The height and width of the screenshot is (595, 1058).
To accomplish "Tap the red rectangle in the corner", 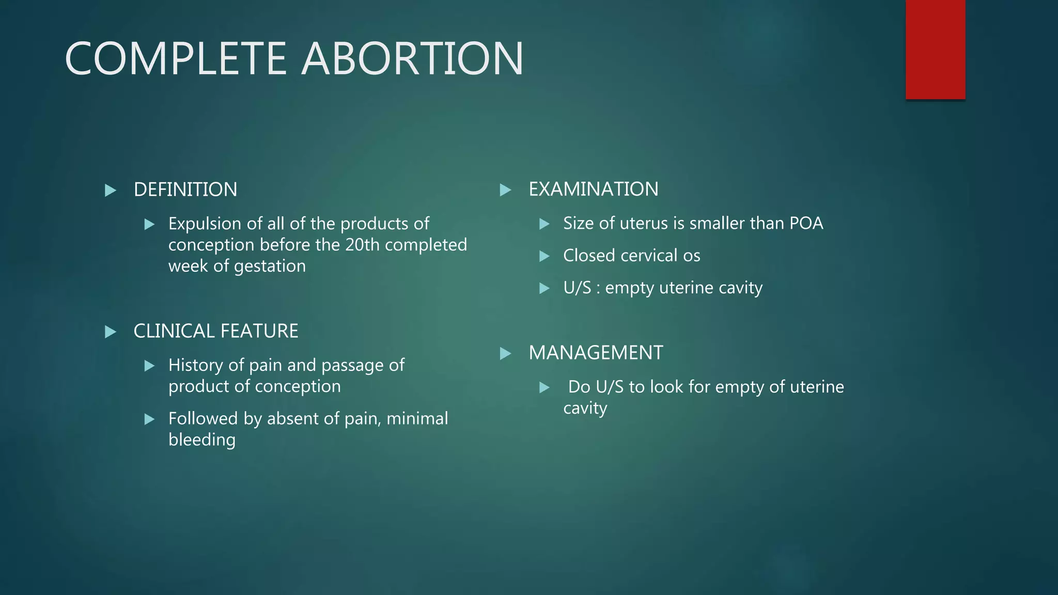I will coord(935,50).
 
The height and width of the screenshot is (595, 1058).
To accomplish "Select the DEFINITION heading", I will coord(185,190).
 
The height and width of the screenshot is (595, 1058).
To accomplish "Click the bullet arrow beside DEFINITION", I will coord(110,191).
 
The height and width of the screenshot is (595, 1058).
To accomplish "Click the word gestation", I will coord(270,266).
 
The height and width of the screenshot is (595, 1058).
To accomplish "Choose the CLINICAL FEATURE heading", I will coord(215,331).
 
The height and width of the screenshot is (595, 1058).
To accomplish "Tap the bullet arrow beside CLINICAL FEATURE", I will coord(110,332).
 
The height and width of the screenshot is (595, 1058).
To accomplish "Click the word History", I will coord(195,365).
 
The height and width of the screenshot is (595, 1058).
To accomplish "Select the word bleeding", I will coord(201,440).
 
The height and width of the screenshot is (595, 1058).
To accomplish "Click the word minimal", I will coord(417,418).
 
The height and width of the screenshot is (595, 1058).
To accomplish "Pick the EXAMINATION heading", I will coord(593,189).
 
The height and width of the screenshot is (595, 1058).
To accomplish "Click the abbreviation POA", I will coord(806,223).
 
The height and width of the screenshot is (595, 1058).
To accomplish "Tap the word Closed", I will coord(589,256).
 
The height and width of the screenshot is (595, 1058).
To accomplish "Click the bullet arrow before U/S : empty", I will coord(544,288).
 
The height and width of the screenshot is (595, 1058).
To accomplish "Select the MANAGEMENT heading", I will coord(595,353).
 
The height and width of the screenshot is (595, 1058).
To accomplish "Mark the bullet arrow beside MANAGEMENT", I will coord(505,354).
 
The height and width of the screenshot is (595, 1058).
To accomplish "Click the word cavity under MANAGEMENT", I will coord(585,409).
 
